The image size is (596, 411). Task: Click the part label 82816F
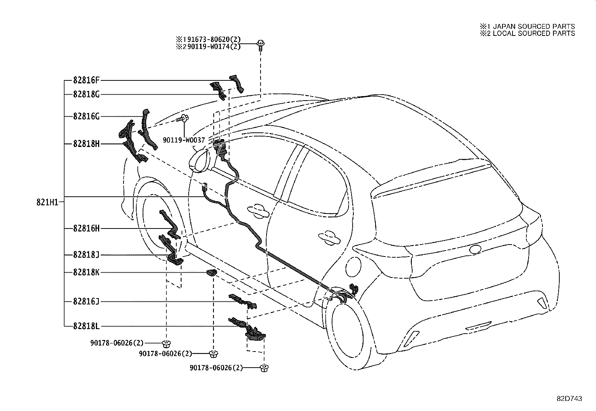point(86,80)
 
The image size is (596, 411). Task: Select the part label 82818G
point(86,95)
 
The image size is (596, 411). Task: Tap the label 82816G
point(86,116)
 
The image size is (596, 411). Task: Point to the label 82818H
point(86,144)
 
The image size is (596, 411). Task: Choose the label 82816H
point(86,228)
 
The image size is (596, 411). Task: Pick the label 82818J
point(86,255)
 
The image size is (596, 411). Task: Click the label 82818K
point(86,273)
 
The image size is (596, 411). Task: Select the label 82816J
point(86,301)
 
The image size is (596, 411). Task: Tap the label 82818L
point(86,326)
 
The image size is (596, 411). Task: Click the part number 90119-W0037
point(184,140)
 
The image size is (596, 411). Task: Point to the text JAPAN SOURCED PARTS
point(533,27)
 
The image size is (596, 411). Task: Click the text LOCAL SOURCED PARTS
point(533,33)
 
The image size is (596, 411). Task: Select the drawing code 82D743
point(569,399)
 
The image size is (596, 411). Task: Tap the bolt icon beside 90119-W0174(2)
point(260,45)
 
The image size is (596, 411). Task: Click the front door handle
point(256,210)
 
